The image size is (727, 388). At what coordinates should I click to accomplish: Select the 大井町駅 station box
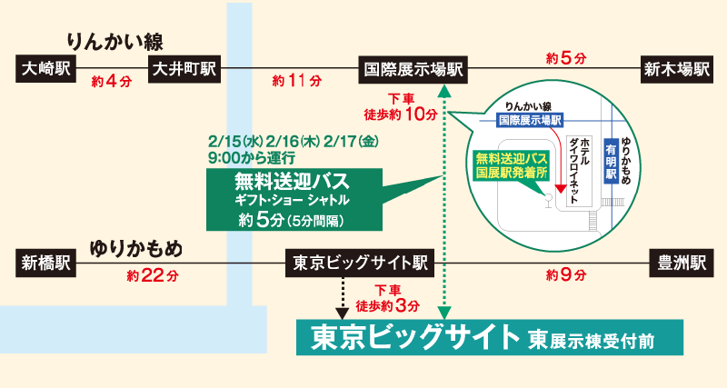[184, 68]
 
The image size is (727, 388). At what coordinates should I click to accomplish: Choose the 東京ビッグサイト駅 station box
[361, 264]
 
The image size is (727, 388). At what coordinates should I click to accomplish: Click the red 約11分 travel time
[297, 82]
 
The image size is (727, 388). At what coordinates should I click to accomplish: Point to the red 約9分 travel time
[565, 274]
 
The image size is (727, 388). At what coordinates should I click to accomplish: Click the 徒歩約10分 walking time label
[400, 113]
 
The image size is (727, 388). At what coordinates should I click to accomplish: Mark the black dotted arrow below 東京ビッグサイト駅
[344, 294]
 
